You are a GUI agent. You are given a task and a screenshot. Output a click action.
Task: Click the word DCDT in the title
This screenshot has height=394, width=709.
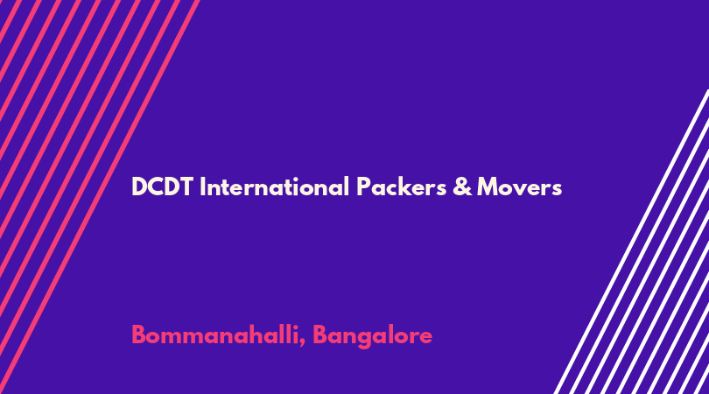(x=163, y=186)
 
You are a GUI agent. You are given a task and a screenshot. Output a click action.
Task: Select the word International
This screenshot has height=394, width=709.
(x=275, y=186)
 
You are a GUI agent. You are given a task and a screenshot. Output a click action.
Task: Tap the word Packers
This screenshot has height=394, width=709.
(x=402, y=186)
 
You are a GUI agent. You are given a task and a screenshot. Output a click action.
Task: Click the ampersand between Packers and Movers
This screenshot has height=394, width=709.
(x=462, y=186)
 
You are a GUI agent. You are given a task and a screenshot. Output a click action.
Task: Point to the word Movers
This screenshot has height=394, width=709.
(x=520, y=186)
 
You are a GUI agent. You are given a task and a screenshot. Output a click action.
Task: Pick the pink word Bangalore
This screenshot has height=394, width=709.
(x=373, y=336)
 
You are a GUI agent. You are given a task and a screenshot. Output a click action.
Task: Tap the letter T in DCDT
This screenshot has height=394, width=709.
(x=186, y=186)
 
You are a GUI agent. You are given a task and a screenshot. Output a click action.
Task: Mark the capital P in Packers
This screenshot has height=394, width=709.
(x=363, y=186)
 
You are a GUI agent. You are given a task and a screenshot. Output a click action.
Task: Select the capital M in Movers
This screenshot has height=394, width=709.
(x=488, y=186)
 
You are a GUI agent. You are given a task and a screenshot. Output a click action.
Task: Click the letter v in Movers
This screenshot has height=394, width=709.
(x=520, y=189)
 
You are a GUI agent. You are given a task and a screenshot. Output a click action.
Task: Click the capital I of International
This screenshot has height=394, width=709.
(x=202, y=186)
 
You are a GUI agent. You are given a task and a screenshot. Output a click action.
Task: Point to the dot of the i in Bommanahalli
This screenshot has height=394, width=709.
(x=295, y=327)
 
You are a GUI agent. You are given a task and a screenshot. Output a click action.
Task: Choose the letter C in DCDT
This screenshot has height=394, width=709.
(x=154, y=186)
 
